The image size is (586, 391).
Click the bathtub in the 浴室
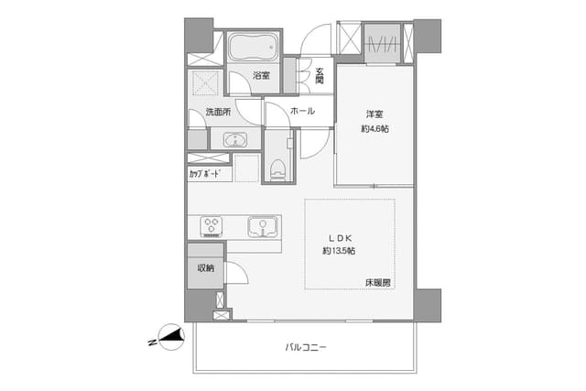click(x=254, y=47)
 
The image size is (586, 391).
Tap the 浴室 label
click(x=261, y=75)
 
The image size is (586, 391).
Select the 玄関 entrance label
click(x=320, y=75)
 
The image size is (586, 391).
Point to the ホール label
click(x=302, y=111)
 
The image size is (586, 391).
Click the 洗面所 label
click(x=218, y=112)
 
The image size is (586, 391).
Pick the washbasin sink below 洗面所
click(x=235, y=140)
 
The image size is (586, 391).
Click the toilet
click(x=277, y=169)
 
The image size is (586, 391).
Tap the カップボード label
click(x=204, y=174)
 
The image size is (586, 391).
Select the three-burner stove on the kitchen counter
click(x=212, y=226)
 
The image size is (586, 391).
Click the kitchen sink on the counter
click(x=263, y=226)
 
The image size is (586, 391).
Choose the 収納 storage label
click(x=206, y=267)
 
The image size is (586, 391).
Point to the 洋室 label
click(x=374, y=114)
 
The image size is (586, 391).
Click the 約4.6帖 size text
click(x=374, y=129)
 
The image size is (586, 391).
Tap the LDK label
click(x=340, y=238)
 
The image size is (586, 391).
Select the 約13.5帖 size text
click(x=339, y=251)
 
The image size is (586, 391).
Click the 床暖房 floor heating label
click(x=378, y=283)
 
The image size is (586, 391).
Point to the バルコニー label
click(x=306, y=348)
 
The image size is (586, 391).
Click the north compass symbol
click(x=171, y=337)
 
